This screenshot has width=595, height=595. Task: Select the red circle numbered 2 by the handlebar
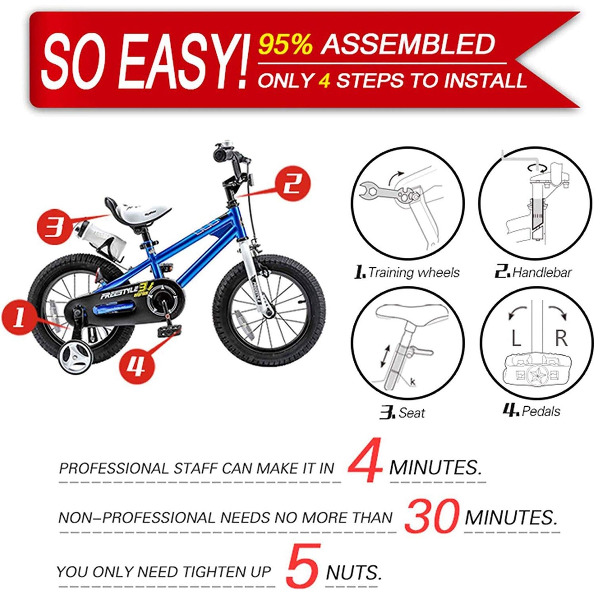pyautogui.click(x=292, y=184)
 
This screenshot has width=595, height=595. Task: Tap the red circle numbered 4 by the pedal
pyautogui.click(x=137, y=365)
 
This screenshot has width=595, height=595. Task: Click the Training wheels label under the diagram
pyautogui.click(x=408, y=273)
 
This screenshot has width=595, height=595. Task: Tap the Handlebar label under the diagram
pyautogui.click(x=534, y=273)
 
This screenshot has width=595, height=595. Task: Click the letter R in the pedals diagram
pyautogui.click(x=561, y=338)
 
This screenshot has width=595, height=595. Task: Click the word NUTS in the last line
pyautogui.click(x=353, y=572)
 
